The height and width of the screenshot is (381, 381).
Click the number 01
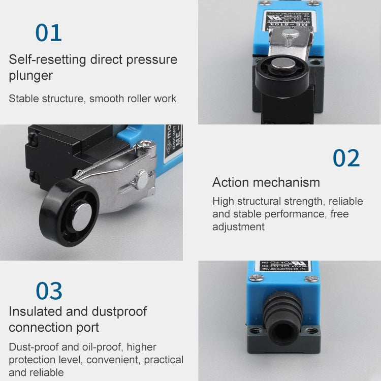pyautogui.click(x=48, y=33)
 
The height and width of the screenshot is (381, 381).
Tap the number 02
pyautogui.click(x=346, y=158)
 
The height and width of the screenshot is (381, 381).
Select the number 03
pyautogui.click(x=49, y=291)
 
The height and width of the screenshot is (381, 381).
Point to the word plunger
pyautogui.click(x=30, y=76)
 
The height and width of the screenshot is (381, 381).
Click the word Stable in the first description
pyautogui.click(x=24, y=99)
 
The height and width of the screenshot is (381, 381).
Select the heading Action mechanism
pyautogui.click(x=266, y=182)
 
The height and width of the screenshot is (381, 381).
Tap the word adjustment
pyautogui.click(x=238, y=227)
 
